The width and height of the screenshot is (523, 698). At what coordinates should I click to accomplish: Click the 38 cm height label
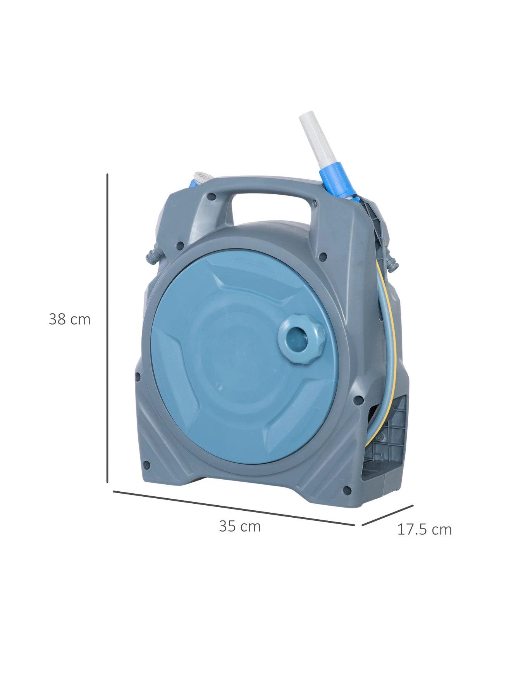coord(70,320)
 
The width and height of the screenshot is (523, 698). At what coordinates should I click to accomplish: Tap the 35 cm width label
coord(240,526)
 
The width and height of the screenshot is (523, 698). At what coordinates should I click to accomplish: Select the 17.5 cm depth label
coord(425,529)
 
